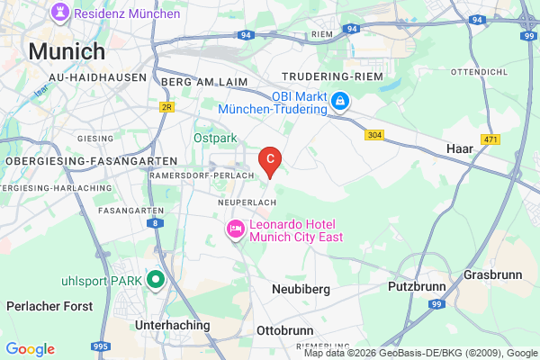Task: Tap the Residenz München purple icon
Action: (x=60, y=13)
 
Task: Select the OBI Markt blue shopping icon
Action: (x=340, y=102)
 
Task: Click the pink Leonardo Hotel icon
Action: (x=235, y=230)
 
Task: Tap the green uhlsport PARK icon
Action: (x=155, y=279)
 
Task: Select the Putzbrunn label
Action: (x=416, y=287)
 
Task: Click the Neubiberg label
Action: (x=301, y=290)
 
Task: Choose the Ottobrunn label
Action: (x=285, y=329)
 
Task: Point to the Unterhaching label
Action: (x=171, y=325)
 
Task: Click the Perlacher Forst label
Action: (x=49, y=306)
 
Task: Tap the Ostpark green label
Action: (x=214, y=139)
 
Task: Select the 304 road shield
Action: (x=375, y=135)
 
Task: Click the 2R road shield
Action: (x=166, y=106)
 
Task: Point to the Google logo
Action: (x=30, y=349)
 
